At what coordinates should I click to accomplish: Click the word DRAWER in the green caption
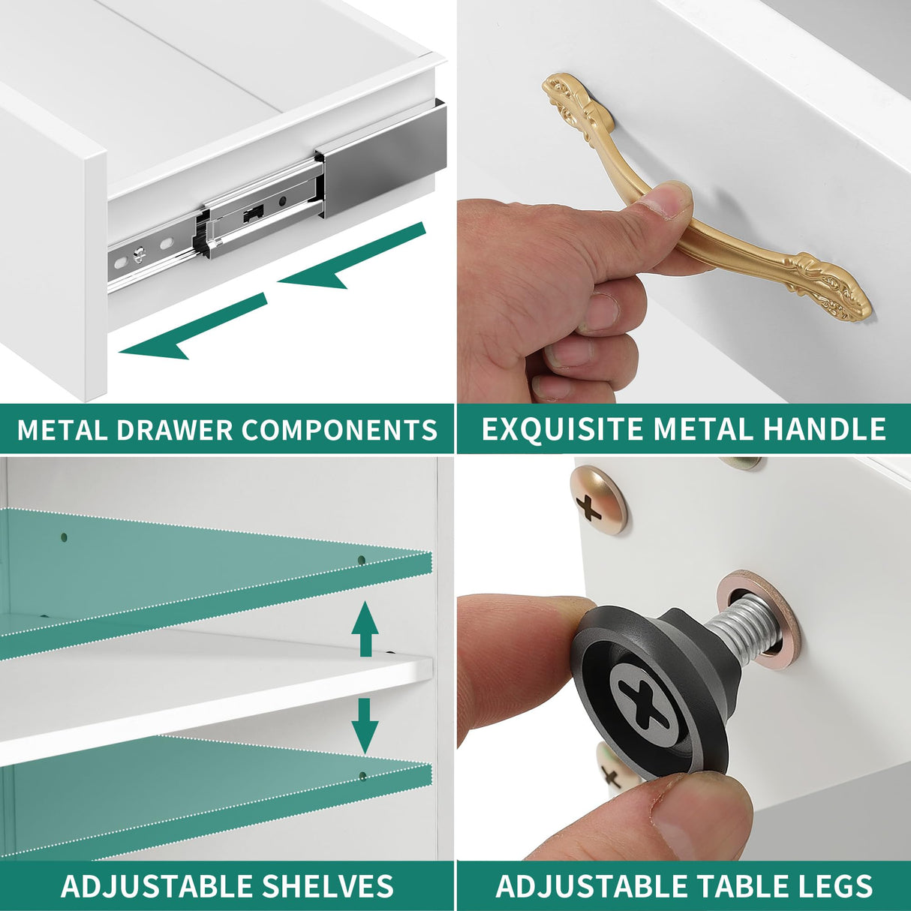tap(173, 429)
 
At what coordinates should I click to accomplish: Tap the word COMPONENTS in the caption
tap(339, 429)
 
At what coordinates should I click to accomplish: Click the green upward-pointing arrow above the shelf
tap(365, 628)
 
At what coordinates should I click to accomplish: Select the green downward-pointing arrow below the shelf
tap(365, 726)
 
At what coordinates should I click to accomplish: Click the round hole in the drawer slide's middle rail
tap(283, 201)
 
